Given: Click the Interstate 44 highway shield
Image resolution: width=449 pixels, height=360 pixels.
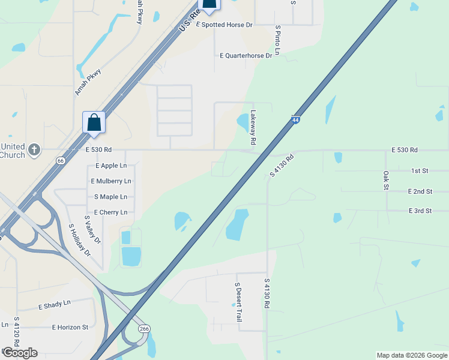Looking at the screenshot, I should pos(295,120).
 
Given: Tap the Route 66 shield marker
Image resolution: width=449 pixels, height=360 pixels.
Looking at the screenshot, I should pos(61,160).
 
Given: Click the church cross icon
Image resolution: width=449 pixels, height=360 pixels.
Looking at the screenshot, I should pos(35,150).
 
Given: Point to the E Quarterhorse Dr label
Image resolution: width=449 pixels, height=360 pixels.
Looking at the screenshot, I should pos(246,55).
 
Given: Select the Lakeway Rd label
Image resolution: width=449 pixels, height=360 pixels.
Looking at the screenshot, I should pos(253,127).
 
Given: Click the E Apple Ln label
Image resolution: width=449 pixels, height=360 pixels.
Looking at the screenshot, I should pos(111,165).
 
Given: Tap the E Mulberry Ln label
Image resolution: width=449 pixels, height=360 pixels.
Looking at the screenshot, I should pos(110,181).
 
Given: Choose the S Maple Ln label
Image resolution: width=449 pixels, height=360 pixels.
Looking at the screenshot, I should pos(110,197).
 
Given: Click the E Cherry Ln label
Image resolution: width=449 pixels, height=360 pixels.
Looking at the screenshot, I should pos(110,212).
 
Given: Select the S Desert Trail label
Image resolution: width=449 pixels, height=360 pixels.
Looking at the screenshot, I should pos(238,302).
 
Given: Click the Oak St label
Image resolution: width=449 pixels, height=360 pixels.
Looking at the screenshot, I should pos(386,180).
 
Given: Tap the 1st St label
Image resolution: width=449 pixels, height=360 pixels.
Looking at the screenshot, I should pos(419,171).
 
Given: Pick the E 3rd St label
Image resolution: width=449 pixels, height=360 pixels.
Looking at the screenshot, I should pos(420,211).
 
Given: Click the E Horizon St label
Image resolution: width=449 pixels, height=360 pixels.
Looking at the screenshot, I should pos(70,328).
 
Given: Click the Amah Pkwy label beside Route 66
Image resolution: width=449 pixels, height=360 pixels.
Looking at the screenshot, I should pos(88,82).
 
